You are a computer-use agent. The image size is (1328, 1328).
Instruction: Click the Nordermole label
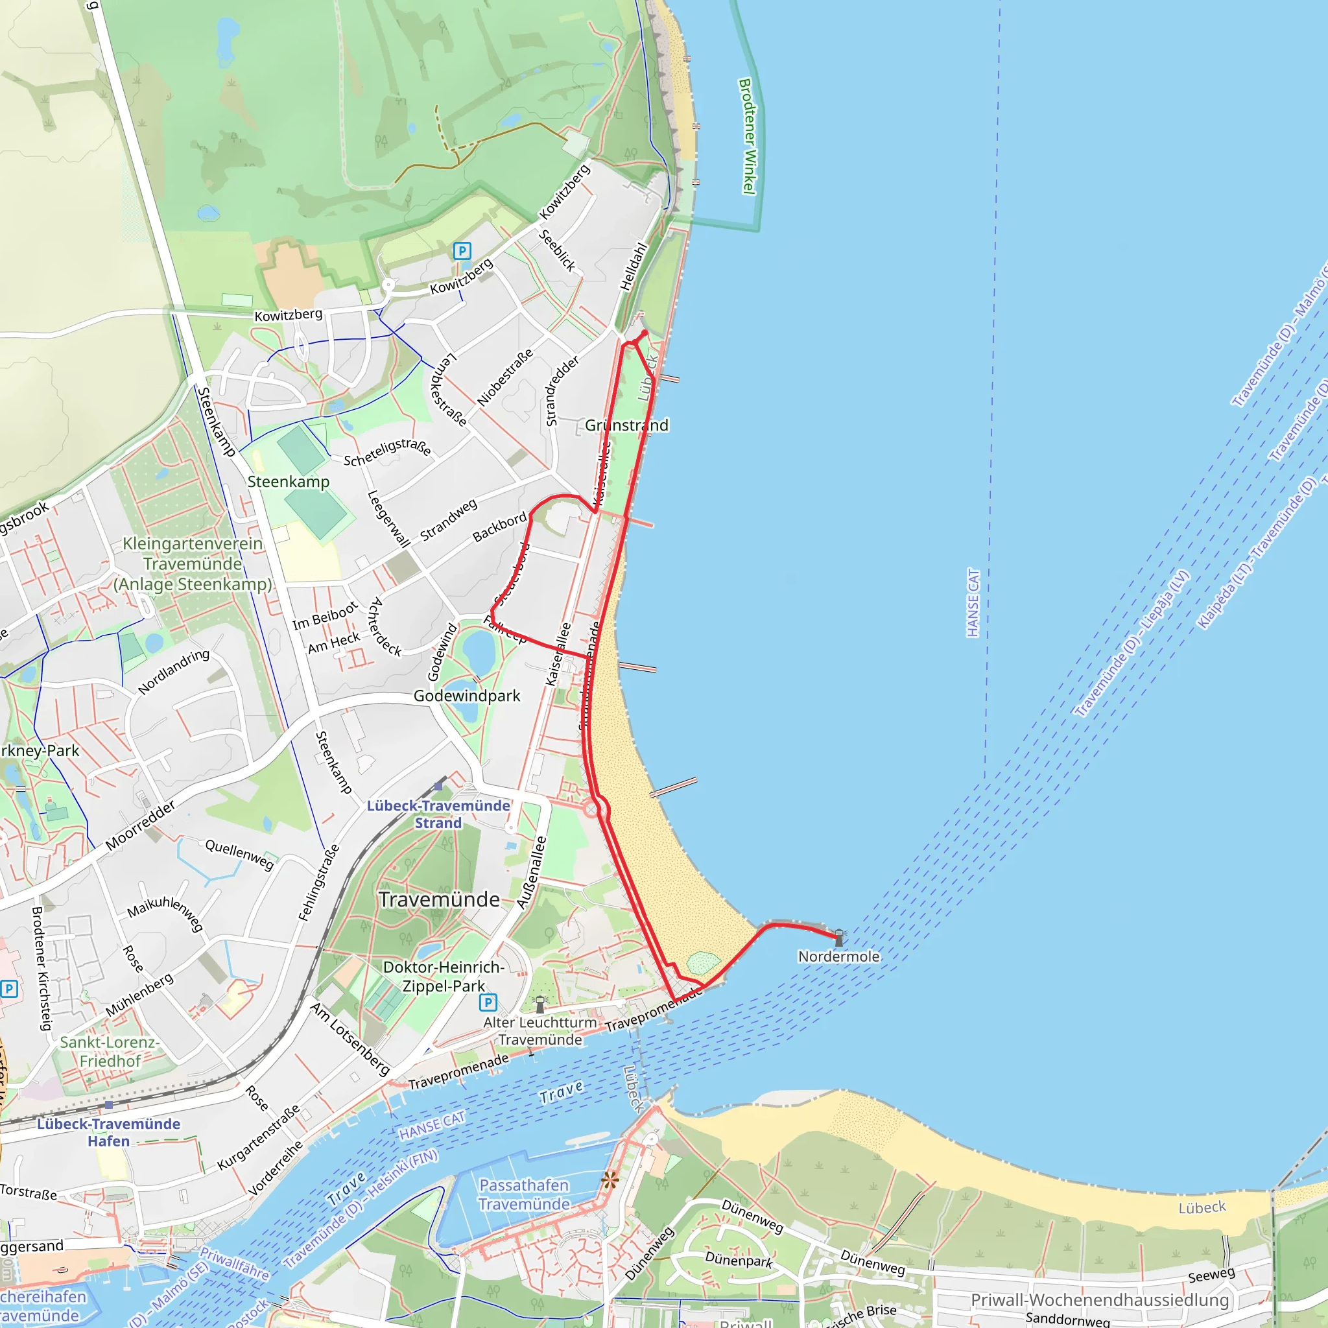click(x=838, y=956)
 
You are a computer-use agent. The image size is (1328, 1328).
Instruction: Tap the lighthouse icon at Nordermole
click(x=838, y=937)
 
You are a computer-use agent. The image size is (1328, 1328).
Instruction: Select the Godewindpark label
click(x=467, y=696)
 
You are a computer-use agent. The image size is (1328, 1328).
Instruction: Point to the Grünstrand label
click(x=626, y=425)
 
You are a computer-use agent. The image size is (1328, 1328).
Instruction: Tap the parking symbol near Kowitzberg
click(x=462, y=251)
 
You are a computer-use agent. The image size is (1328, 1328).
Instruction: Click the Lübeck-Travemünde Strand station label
click(x=438, y=814)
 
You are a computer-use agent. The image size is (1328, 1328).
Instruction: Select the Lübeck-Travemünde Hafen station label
click(x=108, y=1132)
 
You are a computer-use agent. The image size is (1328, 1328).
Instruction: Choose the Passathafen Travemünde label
click(x=525, y=1194)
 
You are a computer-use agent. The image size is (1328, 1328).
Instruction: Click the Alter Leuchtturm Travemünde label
click(x=540, y=1030)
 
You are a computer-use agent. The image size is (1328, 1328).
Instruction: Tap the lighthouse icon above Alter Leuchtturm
click(x=540, y=1004)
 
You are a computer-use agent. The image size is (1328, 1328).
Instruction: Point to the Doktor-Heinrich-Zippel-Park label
click(x=444, y=976)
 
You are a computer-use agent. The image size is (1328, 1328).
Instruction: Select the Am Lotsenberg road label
click(x=350, y=1039)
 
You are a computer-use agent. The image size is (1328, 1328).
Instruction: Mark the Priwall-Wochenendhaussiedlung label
click(x=1099, y=1300)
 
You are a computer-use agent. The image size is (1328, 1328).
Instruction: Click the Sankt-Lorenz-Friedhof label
click(x=110, y=1051)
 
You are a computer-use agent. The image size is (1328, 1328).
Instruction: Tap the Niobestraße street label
click(x=505, y=377)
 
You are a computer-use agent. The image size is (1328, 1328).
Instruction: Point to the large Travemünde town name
click(x=439, y=900)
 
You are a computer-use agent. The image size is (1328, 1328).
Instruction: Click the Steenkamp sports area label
click(x=288, y=482)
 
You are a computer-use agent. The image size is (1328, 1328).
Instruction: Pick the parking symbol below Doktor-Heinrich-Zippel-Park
click(x=488, y=1002)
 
